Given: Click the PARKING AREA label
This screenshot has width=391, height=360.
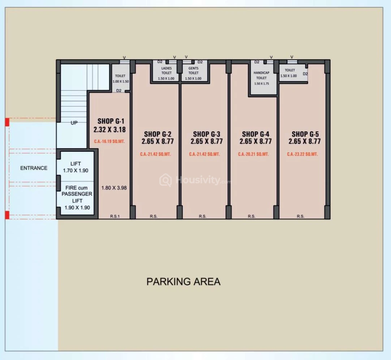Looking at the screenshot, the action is [x=184, y=282].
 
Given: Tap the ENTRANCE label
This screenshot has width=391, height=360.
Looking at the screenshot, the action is [x=34, y=168].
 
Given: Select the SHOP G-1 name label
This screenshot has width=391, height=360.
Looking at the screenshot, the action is [x=111, y=121].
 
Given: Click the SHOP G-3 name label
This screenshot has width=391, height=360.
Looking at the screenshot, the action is [x=206, y=134].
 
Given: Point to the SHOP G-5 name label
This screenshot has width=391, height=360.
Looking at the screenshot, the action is [x=305, y=134].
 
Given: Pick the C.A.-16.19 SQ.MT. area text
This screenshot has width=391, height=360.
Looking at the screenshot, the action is [x=109, y=142].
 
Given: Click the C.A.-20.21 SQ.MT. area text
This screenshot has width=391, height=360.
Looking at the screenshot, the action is [x=253, y=154].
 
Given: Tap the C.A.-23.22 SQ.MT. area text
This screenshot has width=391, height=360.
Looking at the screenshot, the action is [x=302, y=154].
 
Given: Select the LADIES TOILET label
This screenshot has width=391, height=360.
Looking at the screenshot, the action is [x=166, y=70].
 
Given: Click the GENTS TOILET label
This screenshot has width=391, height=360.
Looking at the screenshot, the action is [x=193, y=70].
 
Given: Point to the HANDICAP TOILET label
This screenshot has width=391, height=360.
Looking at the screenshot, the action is [x=261, y=75].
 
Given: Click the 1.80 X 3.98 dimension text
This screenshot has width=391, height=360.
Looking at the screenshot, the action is [x=114, y=188].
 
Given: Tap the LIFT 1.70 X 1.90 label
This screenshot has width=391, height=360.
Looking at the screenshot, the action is [x=76, y=167].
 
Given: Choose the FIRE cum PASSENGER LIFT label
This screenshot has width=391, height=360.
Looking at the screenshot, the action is [x=77, y=198].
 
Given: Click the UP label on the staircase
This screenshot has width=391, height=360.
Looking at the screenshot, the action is [x=74, y=123].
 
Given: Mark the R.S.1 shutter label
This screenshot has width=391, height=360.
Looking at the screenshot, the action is [x=115, y=216].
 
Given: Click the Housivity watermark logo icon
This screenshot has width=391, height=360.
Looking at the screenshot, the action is [x=166, y=180].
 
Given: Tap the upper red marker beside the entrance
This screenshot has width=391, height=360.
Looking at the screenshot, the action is [x=7, y=122].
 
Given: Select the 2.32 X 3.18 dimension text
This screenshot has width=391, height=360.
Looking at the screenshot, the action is [x=109, y=130].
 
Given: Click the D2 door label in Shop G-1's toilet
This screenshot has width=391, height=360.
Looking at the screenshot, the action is [x=119, y=91].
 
